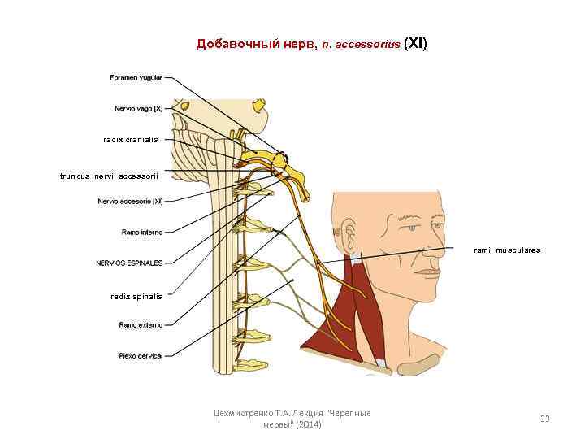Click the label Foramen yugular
coord(136,78)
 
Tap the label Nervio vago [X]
coord(138,108)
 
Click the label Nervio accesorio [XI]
coord(130,202)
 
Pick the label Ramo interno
coord(141,233)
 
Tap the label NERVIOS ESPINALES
coord(129,263)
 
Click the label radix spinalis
coord(136,296)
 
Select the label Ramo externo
coord(141,325)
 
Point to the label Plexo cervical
coord(140,356)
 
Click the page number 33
coord(544,419)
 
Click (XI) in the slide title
coord(415,44)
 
